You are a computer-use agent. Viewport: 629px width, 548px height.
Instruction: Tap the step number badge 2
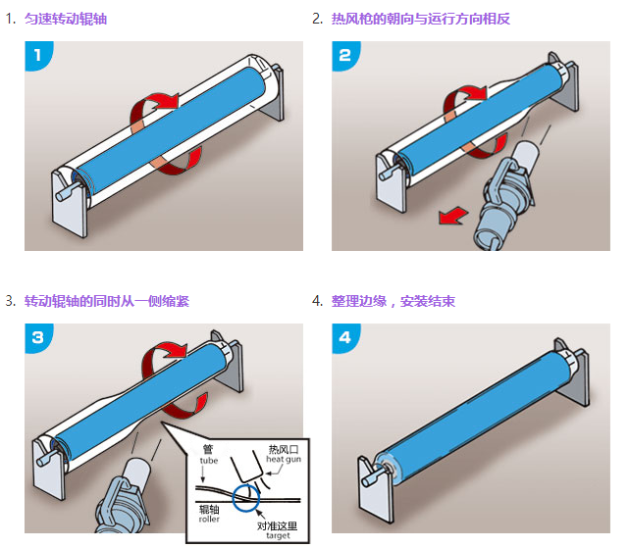[x=345, y=56]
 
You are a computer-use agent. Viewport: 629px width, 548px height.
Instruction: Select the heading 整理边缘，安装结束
[x=393, y=301]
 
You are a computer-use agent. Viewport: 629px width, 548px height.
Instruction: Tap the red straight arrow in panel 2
[x=453, y=215]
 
